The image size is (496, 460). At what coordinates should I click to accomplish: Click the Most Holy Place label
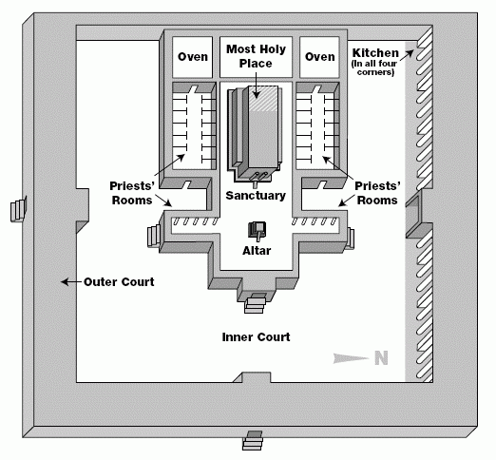click(256, 56)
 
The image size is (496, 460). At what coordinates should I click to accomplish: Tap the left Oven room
click(192, 57)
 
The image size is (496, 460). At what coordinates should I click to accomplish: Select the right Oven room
click(319, 57)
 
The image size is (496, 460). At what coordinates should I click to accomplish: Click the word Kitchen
click(375, 52)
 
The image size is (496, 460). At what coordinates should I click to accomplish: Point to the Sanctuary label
click(256, 196)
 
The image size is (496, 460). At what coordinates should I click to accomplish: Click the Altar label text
click(257, 251)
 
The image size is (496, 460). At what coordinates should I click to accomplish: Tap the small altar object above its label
click(258, 231)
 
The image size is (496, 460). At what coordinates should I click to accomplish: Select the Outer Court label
click(119, 281)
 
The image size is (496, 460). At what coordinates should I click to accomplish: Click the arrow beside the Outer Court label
click(71, 281)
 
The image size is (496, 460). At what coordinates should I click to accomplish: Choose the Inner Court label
click(256, 336)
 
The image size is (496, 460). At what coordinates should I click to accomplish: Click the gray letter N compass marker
click(381, 358)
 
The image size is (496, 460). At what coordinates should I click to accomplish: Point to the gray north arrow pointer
click(351, 358)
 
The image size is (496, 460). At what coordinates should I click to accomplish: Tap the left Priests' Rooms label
click(132, 193)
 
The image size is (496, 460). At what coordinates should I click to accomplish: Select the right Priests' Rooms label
click(377, 193)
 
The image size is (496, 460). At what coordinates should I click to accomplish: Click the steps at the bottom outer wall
click(253, 441)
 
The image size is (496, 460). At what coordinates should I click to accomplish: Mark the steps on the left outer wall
click(18, 209)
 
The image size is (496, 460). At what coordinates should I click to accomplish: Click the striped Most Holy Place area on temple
click(263, 98)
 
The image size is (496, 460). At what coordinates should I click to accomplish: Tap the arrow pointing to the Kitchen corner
click(407, 55)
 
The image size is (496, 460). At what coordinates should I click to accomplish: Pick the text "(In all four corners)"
click(374, 67)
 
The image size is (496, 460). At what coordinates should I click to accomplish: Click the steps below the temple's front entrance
click(255, 303)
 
